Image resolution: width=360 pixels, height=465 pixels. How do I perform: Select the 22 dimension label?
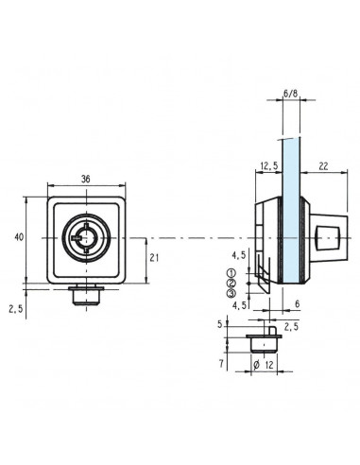[323, 167]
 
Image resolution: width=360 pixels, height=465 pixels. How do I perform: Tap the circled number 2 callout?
[230, 283]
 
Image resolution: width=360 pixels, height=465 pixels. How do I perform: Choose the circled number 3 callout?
[230, 293]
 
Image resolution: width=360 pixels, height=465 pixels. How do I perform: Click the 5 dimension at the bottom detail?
[224, 324]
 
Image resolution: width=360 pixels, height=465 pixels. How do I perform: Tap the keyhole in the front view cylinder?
[85, 237]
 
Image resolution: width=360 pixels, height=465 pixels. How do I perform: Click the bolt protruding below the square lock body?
[85, 296]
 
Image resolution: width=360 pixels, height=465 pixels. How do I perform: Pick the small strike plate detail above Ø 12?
[262, 337]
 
